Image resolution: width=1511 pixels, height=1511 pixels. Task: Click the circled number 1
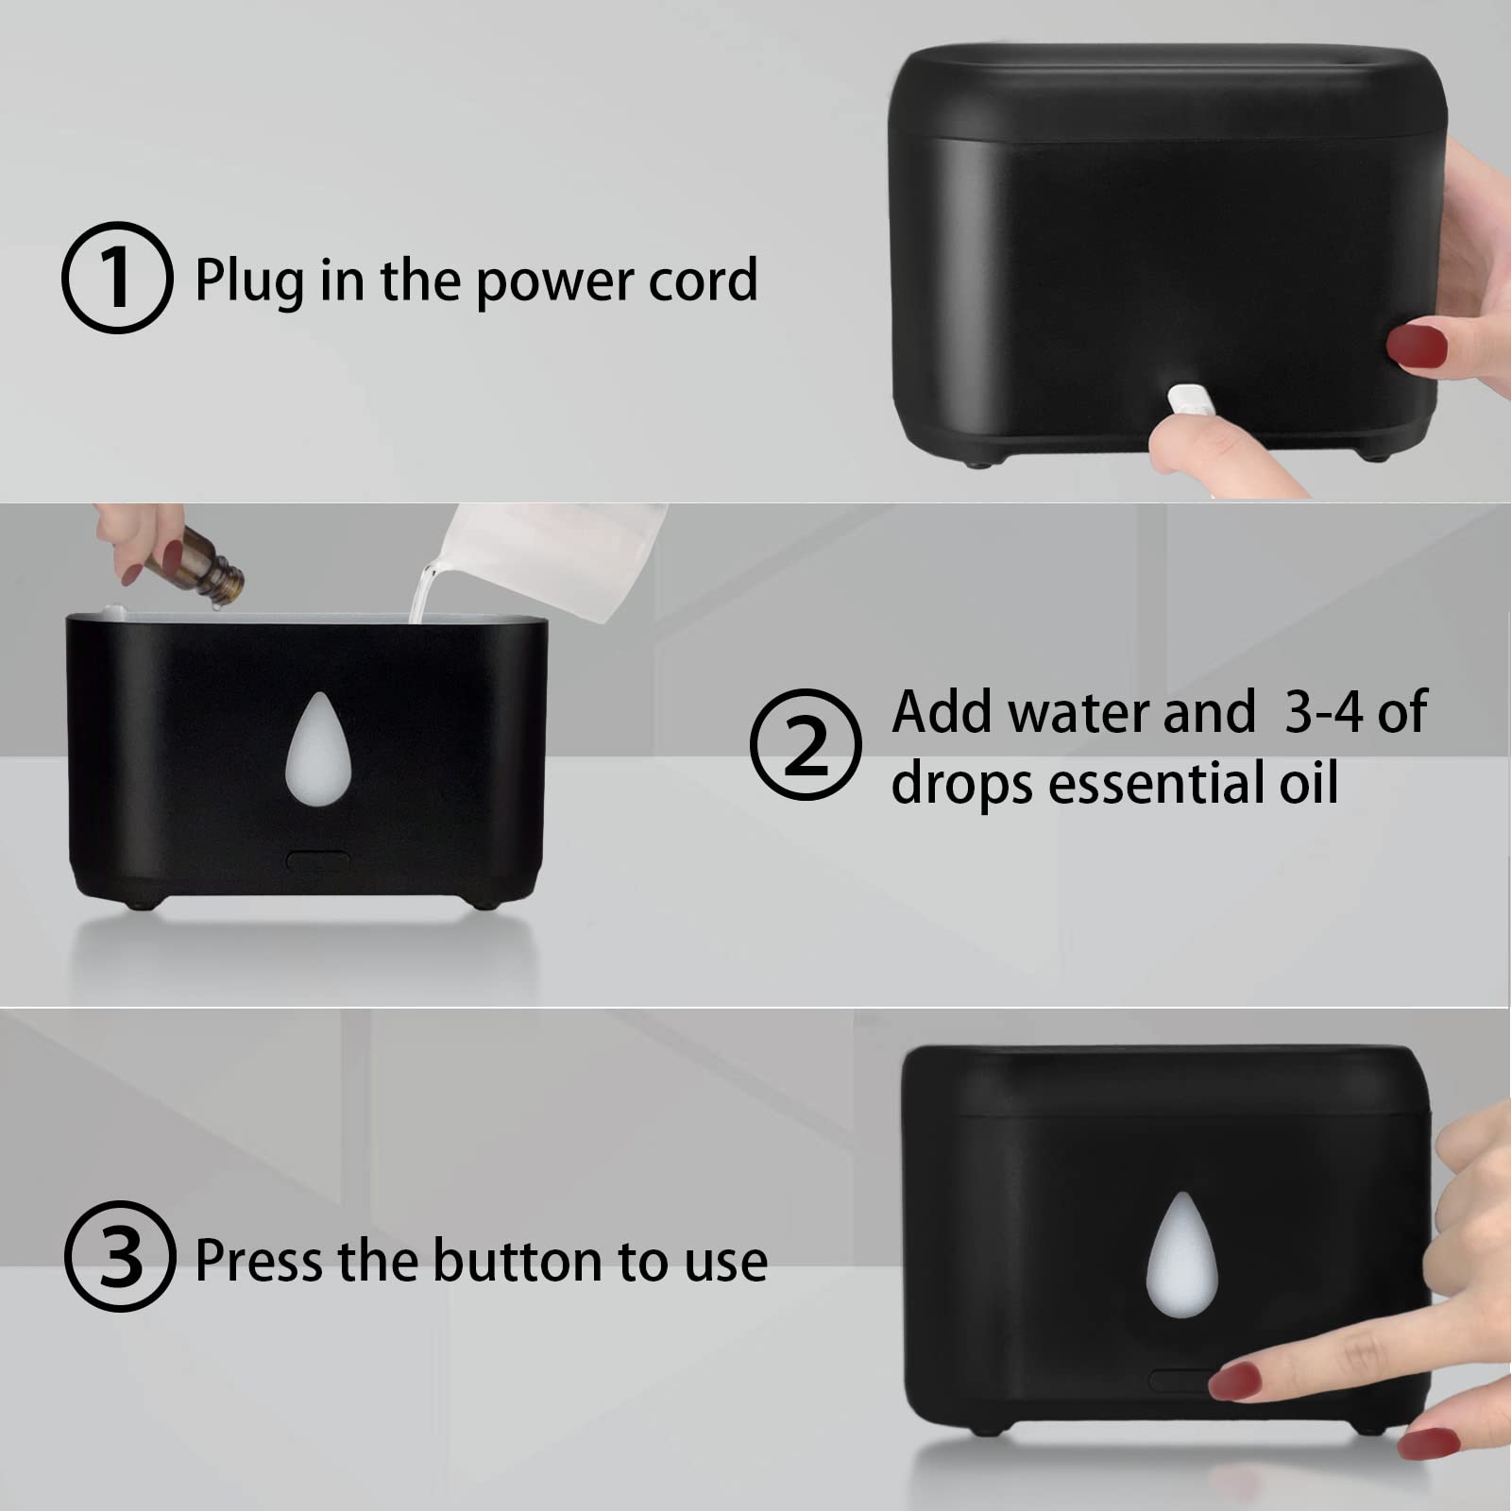point(117,278)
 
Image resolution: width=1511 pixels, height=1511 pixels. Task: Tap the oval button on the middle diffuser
point(318,860)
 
